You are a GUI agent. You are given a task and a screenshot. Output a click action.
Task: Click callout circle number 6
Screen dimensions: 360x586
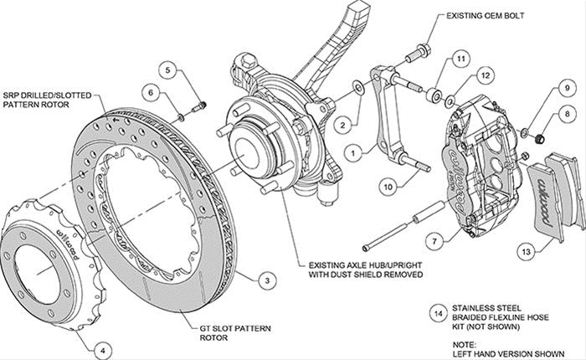tap(150, 91)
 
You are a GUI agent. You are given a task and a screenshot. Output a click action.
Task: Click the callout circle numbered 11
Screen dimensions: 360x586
tap(460, 59)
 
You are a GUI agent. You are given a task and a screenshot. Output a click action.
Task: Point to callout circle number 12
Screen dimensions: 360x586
tap(483, 76)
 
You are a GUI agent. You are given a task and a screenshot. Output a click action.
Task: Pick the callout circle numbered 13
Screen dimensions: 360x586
tap(526, 250)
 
